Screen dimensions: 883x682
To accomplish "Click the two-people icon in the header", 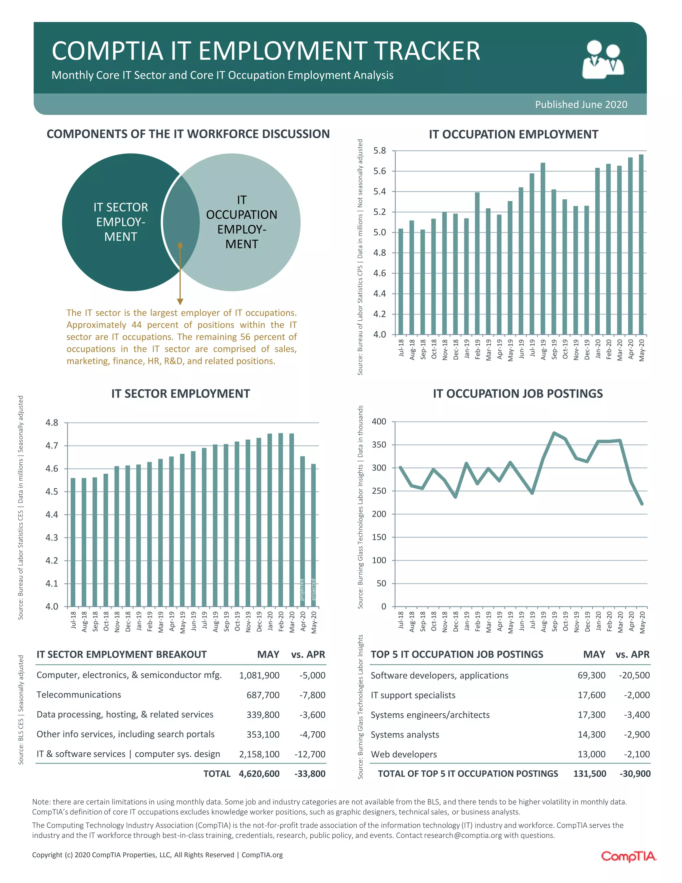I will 603,59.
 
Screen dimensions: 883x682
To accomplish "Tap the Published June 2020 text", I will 581,105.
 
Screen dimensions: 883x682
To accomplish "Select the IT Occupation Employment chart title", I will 513,135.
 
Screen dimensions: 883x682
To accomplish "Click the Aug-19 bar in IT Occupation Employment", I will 542,249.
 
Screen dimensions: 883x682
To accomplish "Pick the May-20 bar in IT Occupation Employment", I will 641,245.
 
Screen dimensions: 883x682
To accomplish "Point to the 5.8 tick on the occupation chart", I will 379,151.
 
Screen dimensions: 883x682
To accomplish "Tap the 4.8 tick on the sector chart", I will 52,423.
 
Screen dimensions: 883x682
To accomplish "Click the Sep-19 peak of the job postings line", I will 554,433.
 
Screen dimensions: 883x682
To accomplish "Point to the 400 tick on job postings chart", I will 379,422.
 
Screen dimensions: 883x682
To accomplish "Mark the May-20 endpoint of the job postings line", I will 642,504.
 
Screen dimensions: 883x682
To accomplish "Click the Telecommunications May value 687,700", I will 263,695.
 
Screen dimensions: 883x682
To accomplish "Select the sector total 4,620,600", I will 259,774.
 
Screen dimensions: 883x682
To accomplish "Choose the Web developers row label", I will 404,754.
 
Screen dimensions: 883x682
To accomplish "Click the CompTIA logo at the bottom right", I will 628,856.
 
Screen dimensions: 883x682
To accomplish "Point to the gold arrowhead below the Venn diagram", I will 180,302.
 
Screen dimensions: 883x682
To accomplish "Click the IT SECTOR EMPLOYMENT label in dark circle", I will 121,222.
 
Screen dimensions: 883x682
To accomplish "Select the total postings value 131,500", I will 589,774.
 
